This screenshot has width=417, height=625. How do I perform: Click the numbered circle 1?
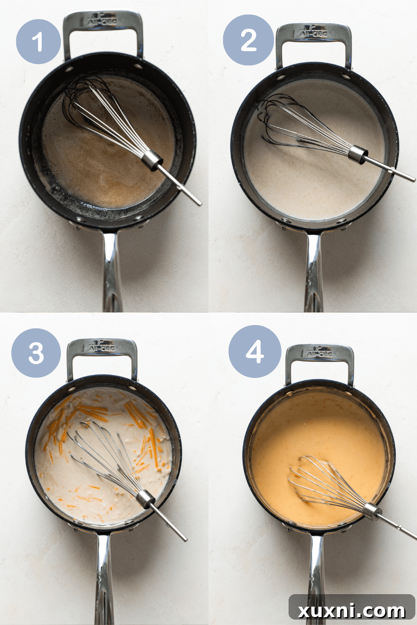[x=38, y=41]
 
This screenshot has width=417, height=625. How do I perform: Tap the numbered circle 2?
[x=249, y=40]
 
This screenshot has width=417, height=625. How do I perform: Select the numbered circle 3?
[x=36, y=353]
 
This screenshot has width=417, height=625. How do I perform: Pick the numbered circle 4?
[x=255, y=351]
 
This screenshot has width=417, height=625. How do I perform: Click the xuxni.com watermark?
[x=352, y=610]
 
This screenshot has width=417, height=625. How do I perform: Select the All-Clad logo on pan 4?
[x=319, y=353]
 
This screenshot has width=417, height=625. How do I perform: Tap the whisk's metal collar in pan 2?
[x=358, y=154]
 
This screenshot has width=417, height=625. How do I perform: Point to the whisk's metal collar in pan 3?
[x=146, y=498]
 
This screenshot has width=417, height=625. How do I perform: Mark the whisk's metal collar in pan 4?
[x=372, y=511]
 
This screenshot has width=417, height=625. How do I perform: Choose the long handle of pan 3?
[x=103, y=579]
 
